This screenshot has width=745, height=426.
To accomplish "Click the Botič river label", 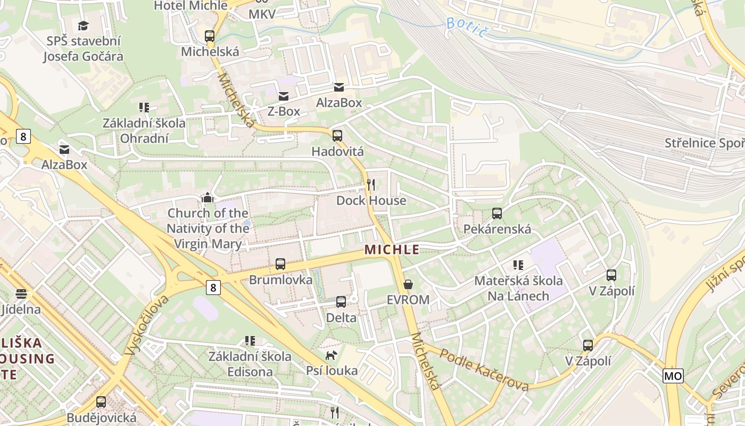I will tap(467, 27).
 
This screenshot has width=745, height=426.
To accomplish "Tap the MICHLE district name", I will tap(392, 249).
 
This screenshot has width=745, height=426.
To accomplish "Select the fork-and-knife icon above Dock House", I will tap(371, 185).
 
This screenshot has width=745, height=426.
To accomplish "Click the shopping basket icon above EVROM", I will tap(408, 284).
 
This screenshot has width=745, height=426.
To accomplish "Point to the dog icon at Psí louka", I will tap(332, 355).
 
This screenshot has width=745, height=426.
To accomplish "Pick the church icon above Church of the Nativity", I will tap(208, 198).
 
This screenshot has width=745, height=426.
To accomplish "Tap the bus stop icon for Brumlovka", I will tap(280, 264).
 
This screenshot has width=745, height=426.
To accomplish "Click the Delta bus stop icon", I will tap(341, 302).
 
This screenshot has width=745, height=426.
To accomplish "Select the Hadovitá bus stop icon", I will tap(337, 136).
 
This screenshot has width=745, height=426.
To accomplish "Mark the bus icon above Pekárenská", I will tap(497, 214).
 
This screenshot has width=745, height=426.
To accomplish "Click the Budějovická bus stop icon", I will tap(101, 402).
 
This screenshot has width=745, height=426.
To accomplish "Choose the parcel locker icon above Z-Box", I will tap(284, 96).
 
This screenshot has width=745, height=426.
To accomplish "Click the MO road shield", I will tap(673, 376).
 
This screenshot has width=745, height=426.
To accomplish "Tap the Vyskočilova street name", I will tap(146, 325).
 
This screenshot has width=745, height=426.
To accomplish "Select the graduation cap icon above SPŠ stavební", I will tap(84, 26).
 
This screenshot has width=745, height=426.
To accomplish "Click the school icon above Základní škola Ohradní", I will tap(144, 108).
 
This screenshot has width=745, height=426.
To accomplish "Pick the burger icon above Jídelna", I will tap(21, 293).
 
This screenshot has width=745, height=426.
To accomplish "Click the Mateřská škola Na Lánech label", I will tap(518, 288).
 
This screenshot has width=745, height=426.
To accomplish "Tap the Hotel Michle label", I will tap(191, 6).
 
